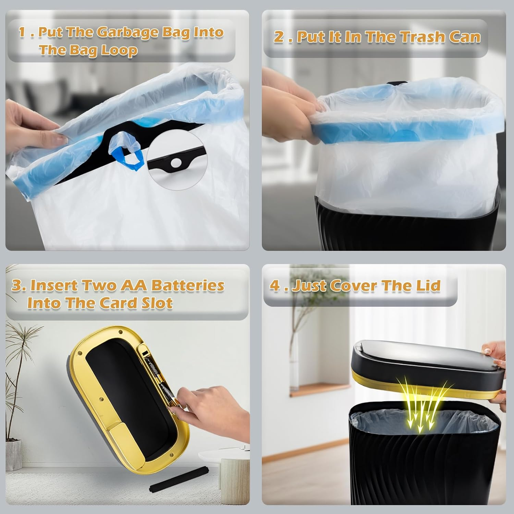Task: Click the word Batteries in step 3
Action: [x=188, y=285]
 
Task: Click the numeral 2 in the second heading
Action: [x=278, y=37]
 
